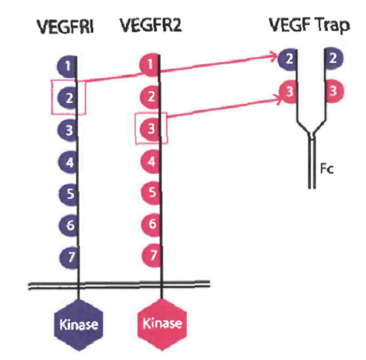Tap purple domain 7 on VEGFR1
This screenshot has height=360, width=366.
[68, 256]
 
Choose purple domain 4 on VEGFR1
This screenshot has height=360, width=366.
[68, 160]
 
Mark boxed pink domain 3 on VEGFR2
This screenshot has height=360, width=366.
[151, 128]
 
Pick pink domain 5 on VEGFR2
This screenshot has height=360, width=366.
[151, 193]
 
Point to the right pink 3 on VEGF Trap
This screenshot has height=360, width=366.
[334, 90]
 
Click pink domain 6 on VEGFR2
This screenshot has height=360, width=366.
[151, 224]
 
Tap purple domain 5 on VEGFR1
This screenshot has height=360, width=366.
[68, 193]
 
